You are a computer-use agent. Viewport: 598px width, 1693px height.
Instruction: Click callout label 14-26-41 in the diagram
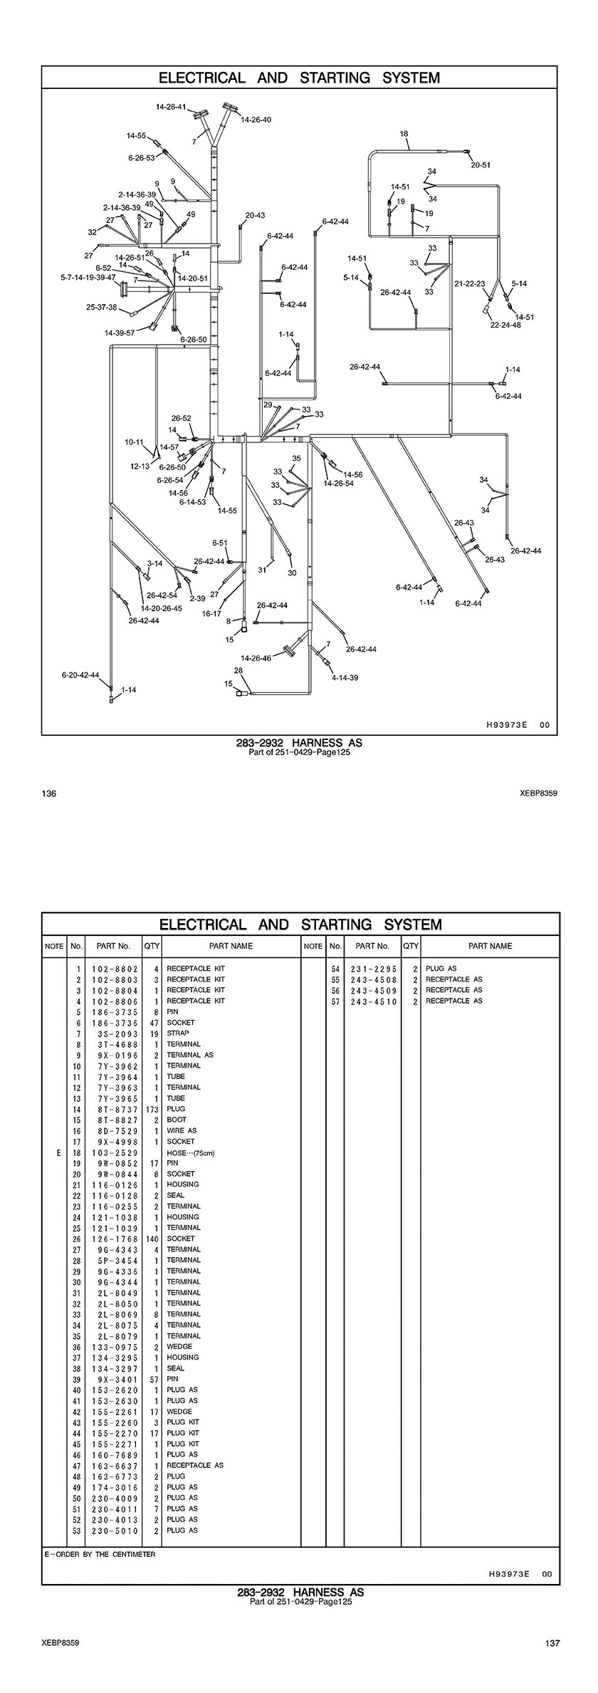(x=171, y=107)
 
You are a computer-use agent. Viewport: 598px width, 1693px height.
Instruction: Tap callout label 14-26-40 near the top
(x=256, y=120)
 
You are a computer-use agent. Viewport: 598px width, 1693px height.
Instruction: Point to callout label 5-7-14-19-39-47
(x=88, y=278)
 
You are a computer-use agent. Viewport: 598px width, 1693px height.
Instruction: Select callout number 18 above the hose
(x=404, y=134)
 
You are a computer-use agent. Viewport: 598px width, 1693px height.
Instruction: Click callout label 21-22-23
(x=470, y=283)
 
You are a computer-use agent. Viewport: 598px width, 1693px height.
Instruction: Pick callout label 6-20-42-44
(x=80, y=674)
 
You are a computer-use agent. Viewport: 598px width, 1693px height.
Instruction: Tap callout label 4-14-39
(x=345, y=677)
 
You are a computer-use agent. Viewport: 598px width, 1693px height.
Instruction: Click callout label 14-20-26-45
(x=161, y=608)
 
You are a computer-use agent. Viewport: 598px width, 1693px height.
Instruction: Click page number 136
(x=49, y=793)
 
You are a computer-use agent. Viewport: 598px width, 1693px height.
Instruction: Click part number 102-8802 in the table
(x=114, y=969)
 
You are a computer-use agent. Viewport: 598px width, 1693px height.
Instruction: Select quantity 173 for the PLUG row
(x=152, y=1109)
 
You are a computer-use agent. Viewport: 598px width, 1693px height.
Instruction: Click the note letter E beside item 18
(x=58, y=1152)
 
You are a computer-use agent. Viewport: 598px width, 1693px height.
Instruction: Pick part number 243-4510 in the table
(x=373, y=1001)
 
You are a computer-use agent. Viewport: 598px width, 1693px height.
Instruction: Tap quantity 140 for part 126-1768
(x=152, y=1239)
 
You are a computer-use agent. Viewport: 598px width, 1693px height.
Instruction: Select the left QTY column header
(x=152, y=946)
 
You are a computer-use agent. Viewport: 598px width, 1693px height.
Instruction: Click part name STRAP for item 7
(x=178, y=1033)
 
